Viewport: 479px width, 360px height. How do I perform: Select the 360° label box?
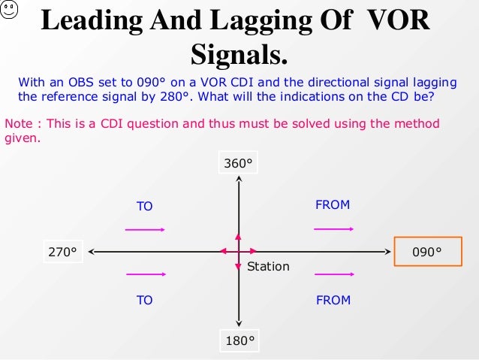(x=238, y=163)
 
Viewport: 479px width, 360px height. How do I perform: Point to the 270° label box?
(x=62, y=252)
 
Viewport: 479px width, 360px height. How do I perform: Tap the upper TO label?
(x=144, y=206)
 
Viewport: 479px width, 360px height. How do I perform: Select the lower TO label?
(x=144, y=300)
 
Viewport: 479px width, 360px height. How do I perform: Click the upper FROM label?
(x=333, y=204)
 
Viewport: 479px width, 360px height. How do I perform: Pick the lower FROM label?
(x=333, y=300)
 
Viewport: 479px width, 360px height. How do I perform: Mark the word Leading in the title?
(x=97, y=20)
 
